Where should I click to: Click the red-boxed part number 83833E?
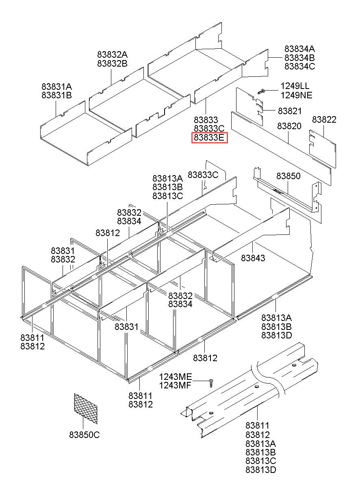pyautogui.click(x=209, y=138)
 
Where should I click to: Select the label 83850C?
pyautogui.click(x=85, y=435)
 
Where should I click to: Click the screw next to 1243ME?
pyautogui.click(x=211, y=382)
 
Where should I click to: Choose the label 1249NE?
pyautogui.click(x=296, y=95)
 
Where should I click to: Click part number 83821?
pyautogui.click(x=290, y=111)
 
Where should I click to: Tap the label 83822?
pyautogui.click(x=324, y=119)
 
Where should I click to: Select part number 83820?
pyautogui.click(x=289, y=126)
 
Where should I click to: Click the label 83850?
pyautogui.click(x=288, y=176)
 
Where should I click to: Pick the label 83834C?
pyautogui.click(x=299, y=66)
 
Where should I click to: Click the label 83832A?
pyautogui.click(x=112, y=54)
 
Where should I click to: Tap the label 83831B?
pyautogui.click(x=56, y=95)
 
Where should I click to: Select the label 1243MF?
pyautogui.click(x=175, y=386)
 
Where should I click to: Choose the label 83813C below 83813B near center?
pyautogui.click(x=168, y=196)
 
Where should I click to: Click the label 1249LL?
pyautogui.click(x=295, y=86)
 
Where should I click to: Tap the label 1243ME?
pyautogui.click(x=175, y=377)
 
